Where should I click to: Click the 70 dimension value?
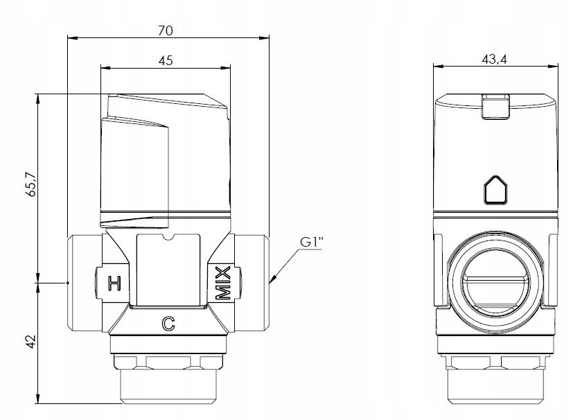coord(166,30)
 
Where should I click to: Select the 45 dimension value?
coord(166,60)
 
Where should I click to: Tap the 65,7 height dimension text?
coord(31,184)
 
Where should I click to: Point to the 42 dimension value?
coord(31,342)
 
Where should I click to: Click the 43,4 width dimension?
coord(495,59)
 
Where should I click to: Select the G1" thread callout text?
coord(312,242)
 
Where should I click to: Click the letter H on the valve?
coord(114,283)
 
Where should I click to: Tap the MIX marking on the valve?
coord(223,283)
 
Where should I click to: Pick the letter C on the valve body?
coord(168,324)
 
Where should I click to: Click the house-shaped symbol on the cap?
coord(495,190)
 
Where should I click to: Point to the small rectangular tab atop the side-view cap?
coord(495,107)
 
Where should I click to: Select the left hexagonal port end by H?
coord(85,282)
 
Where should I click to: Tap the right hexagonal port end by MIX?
coord(252,282)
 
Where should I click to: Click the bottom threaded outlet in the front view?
coord(168,385)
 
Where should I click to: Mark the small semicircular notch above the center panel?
coord(168,237)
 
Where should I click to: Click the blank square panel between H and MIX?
coord(168,270)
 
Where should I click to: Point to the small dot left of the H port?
coord(68,283)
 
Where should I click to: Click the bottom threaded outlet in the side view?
coord(495,385)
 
